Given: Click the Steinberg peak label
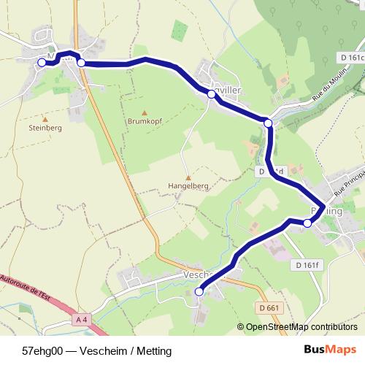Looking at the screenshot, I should (45, 127).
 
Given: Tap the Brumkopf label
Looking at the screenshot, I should (143, 122).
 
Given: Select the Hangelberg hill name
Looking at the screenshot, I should (188, 185).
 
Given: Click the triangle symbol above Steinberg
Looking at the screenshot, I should (45, 118).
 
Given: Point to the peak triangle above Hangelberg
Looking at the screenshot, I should (188, 176).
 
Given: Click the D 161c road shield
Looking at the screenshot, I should (351, 57).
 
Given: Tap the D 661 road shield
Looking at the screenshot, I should (269, 307).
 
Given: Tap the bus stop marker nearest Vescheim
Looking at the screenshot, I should (199, 292).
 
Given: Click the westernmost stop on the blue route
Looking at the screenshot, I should (42, 63).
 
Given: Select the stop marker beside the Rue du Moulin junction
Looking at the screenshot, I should (269, 124).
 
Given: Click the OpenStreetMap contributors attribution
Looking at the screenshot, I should (301, 327).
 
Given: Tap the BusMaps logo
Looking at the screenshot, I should (329, 349).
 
